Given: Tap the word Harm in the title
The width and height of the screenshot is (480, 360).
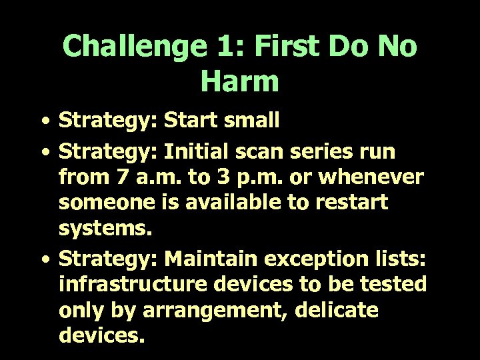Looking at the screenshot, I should pos(239,81).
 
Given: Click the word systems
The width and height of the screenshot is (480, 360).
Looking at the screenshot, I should pos(106,228).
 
